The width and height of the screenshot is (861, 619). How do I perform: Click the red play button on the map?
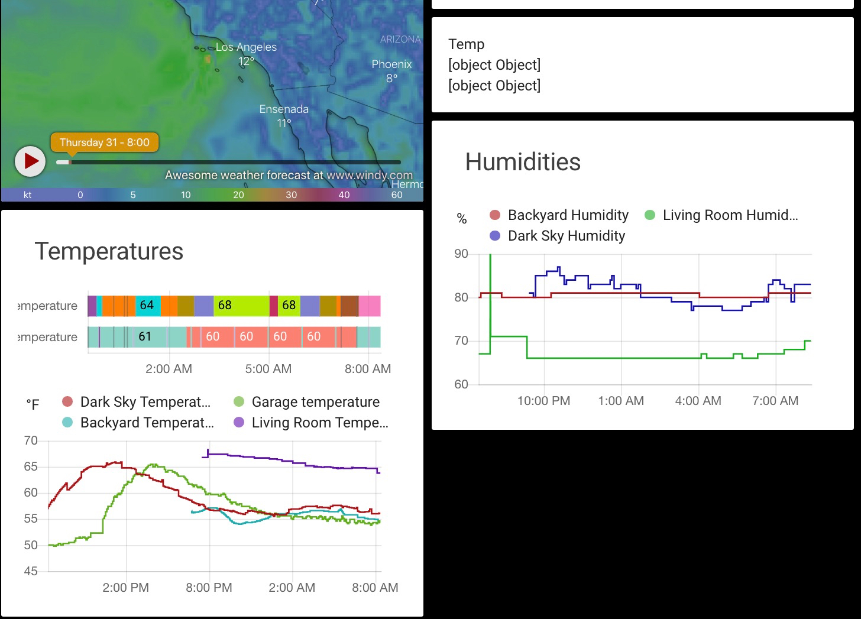[x=30, y=161]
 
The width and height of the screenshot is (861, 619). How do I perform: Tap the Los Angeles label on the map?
[x=246, y=47]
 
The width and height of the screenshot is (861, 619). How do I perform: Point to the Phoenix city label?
[x=391, y=64]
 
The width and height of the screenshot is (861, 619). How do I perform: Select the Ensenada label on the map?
[x=284, y=109]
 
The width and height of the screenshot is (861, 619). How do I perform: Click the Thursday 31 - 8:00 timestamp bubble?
[x=105, y=142]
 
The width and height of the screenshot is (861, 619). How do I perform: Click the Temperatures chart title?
[x=109, y=251]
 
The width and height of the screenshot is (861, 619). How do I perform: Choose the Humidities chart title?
[x=523, y=162]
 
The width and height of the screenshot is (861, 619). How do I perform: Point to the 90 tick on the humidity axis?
[x=461, y=254]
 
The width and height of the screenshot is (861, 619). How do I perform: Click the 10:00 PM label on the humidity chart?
[x=543, y=401]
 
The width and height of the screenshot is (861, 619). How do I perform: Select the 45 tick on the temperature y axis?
[x=31, y=571]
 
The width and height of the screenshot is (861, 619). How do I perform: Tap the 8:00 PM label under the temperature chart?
[x=209, y=588]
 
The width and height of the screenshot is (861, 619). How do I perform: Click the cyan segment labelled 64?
[x=147, y=306]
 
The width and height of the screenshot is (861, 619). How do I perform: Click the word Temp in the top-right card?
[x=467, y=44]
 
